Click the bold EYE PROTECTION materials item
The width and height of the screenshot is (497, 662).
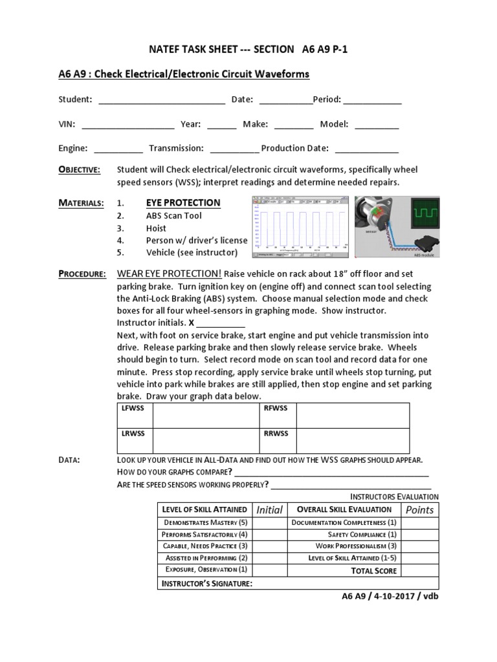click(x=183, y=203)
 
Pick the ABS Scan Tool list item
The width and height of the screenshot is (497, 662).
click(x=174, y=216)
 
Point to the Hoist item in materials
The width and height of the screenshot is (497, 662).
click(x=156, y=228)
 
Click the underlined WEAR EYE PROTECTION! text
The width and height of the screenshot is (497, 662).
click(x=170, y=274)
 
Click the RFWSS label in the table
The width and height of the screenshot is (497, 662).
click(x=275, y=408)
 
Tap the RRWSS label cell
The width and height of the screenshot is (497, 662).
click(x=276, y=433)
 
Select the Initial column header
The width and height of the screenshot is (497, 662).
click(x=269, y=509)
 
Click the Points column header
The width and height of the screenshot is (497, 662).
click(x=419, y=509)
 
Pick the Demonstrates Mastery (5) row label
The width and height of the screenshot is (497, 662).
click(x=204, y=522)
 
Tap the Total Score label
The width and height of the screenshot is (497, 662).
click(x=373, y=571)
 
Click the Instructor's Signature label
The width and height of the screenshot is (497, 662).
click(x=206, y=584)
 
